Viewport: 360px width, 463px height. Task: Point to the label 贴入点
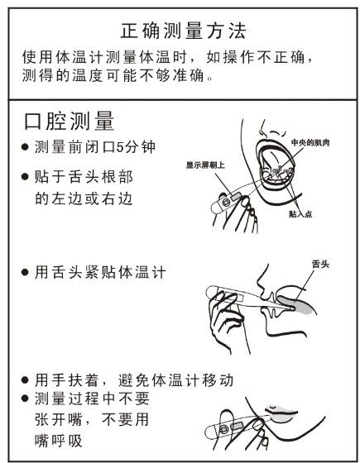[x=299, y=212]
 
